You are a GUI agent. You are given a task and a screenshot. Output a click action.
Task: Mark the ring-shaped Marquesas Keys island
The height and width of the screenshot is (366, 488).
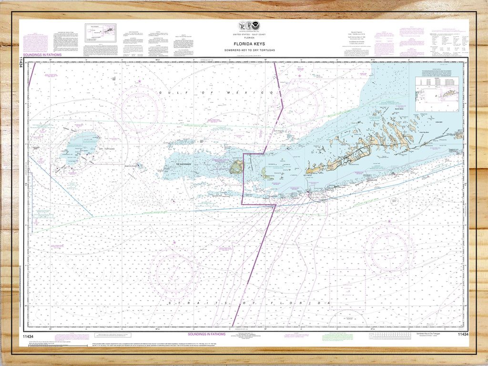(235, 167)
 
